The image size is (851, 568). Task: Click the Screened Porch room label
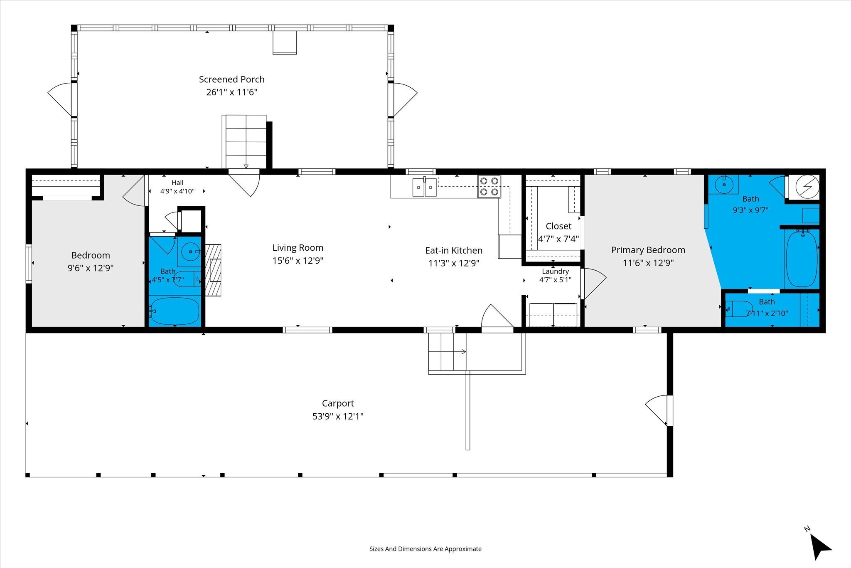coord(231,79)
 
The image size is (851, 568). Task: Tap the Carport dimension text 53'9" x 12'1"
coord(338,416)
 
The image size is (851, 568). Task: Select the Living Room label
coord(298,248)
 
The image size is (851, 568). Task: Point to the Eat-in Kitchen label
coord(454,250)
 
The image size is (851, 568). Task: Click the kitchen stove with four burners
coord(489,186)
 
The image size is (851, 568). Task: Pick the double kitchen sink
coord(424,187)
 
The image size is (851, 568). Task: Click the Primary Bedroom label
coord(648,250)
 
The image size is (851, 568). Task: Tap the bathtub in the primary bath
coord(802,258)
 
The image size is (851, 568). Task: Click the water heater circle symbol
coord(807,186)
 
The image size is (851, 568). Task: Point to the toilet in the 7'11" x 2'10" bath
coord(739,309)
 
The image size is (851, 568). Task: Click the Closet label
coord(558,226)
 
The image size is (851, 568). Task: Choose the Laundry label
coord(555,272)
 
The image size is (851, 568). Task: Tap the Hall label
coord(177,183)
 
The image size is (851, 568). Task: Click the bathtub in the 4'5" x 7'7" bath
coord(175,311)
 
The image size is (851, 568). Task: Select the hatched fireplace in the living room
coord(213,270)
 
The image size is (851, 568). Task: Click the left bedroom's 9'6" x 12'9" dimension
coord(91,268)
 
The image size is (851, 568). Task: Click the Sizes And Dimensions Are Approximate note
coord(425,549)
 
